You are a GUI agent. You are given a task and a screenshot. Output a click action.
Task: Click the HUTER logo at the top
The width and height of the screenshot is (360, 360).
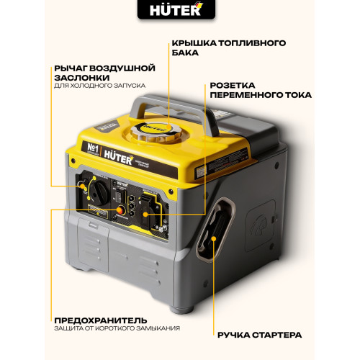coord(179,12)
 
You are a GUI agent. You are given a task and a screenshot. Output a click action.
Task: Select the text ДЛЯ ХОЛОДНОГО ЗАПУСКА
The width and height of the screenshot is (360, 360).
coord(99,86)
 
